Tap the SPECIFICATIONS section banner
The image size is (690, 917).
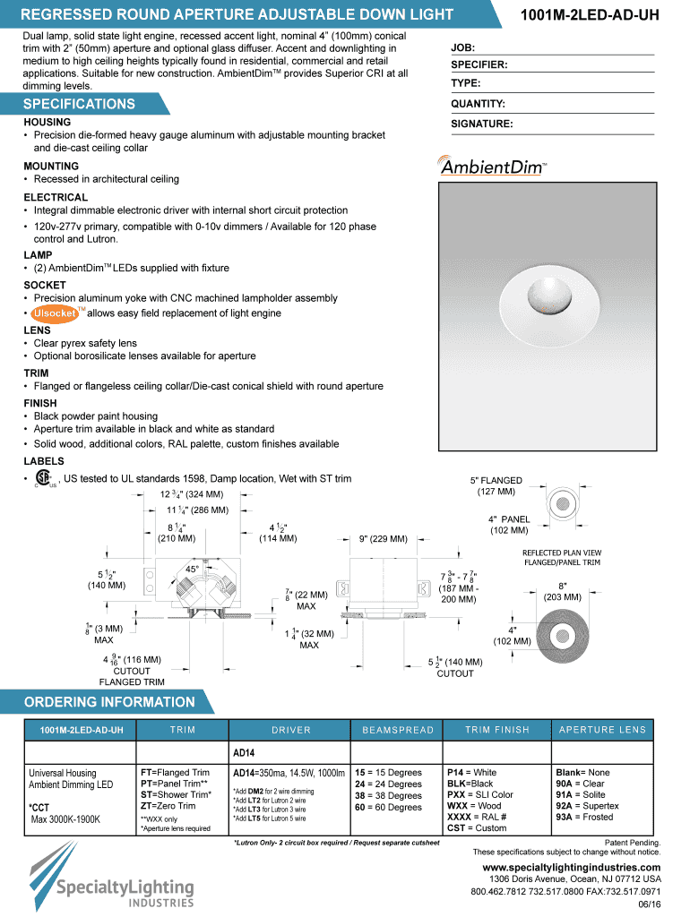tap(80, 104)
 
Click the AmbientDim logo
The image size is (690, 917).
tap(493, 167)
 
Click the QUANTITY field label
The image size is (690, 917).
tap(478, 104)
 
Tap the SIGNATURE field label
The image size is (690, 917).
tap(481, 124)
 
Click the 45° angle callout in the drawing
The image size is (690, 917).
tap(193, 569)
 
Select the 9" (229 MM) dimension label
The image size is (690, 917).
tap(383, 539)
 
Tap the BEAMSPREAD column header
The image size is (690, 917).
tap(398, 730)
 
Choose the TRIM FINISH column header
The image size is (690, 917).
tap(497, 730)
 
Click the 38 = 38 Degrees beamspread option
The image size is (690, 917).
tap(388, 795)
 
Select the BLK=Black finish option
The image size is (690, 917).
tap(470, 784)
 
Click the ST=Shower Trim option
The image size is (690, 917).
tap(176, 794)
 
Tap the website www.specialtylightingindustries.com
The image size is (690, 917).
tap(572, 868)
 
